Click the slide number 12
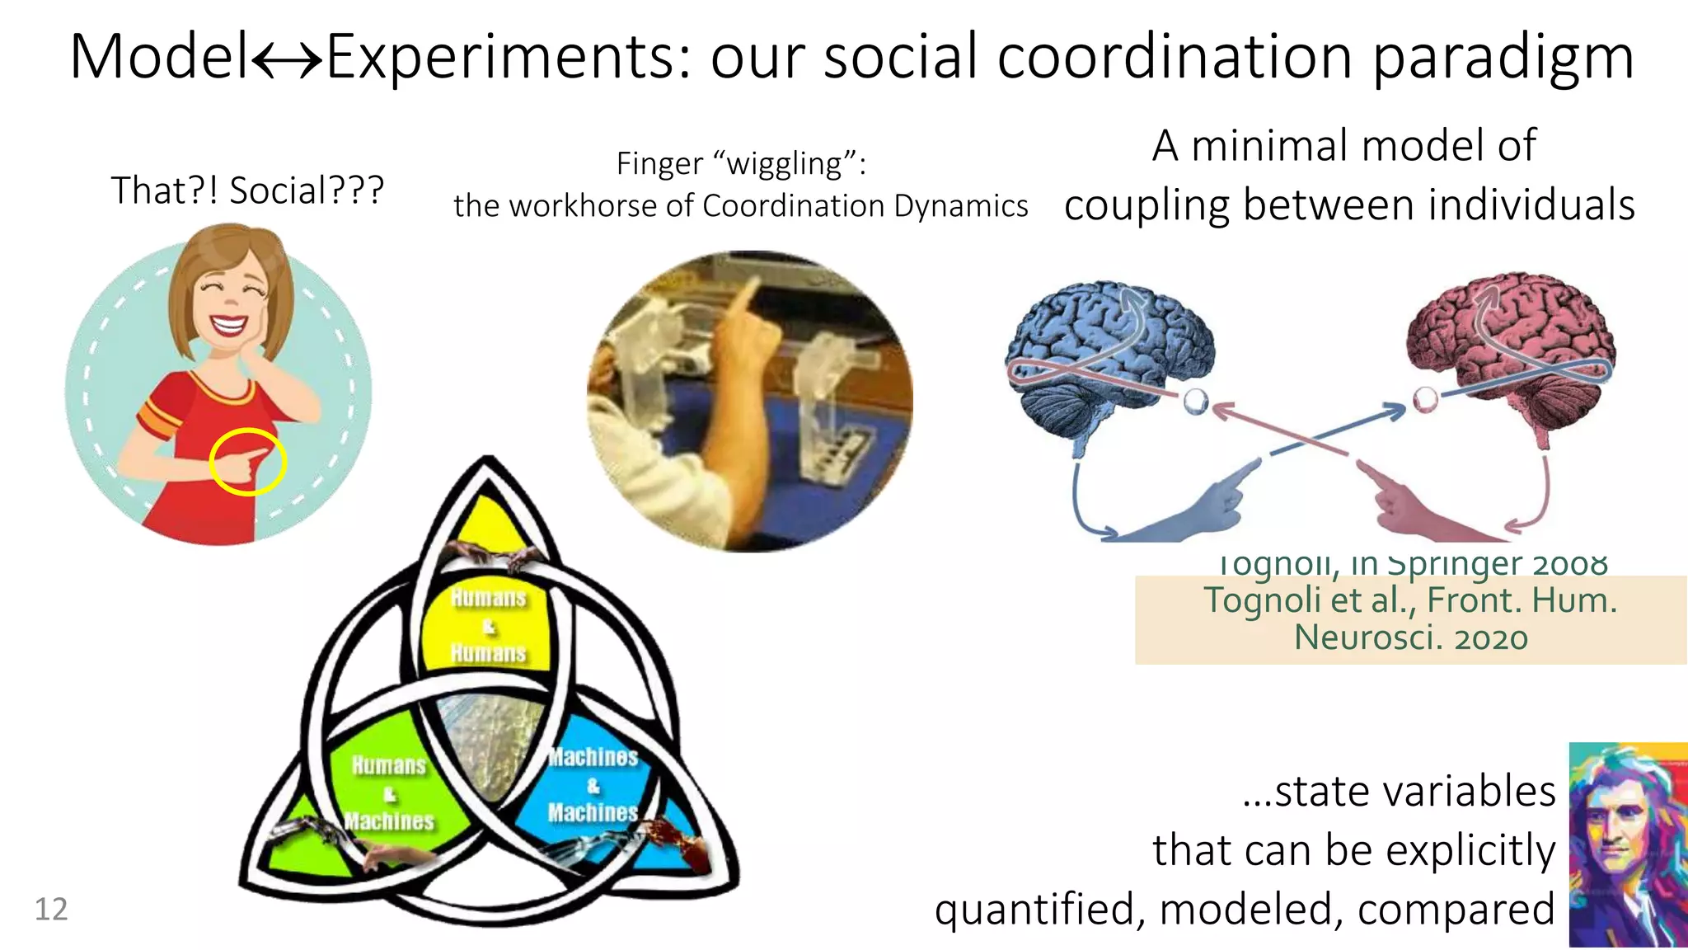(51, 909)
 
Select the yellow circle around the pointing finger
(247, 462)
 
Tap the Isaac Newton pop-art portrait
(1627, 844)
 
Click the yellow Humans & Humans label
(488, 625)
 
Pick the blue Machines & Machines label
(593, 784)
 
